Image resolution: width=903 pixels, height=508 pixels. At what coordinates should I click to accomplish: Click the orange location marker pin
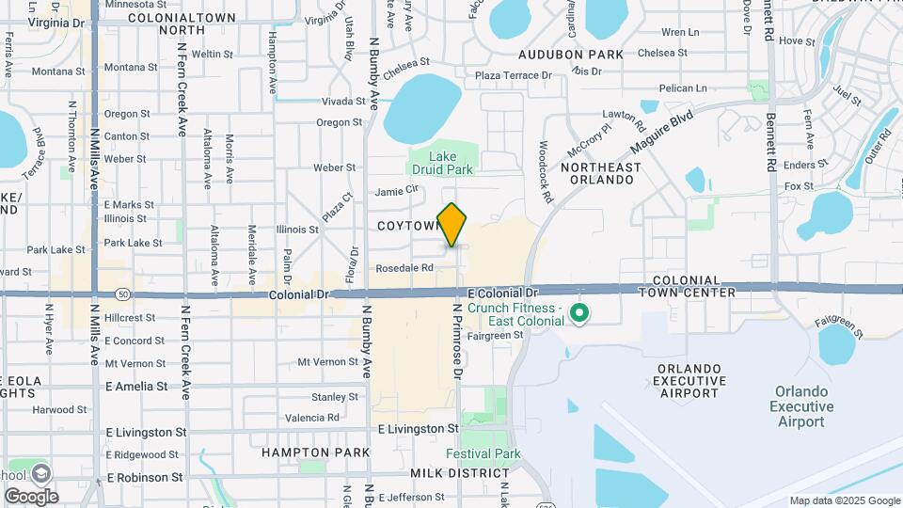[452, 224]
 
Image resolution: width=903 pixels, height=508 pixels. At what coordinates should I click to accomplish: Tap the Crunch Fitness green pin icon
[579, 311]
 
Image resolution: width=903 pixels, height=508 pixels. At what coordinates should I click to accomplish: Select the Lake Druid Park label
[441, 163]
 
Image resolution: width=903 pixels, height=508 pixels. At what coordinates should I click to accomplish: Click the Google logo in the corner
[31, 496]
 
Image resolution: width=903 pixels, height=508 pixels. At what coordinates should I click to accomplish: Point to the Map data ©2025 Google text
[844, 500]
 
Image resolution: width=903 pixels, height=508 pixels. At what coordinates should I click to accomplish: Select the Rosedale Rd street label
[404, 267]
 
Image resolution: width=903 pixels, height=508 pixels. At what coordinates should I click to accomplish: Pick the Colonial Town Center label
[686, 287]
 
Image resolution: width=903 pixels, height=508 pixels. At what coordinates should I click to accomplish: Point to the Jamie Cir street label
[395, 191]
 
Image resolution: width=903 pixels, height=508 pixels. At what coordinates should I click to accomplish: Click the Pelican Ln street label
[683, 88]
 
